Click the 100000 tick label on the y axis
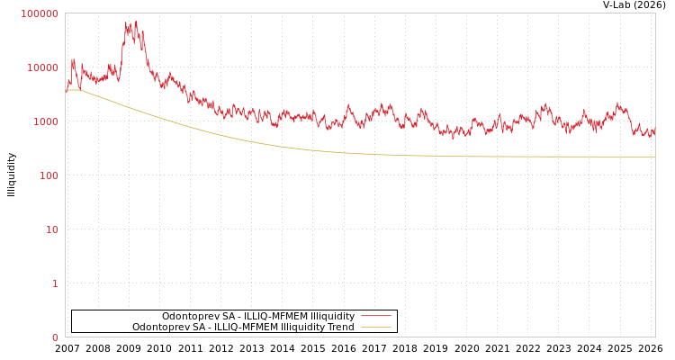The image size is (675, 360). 40,13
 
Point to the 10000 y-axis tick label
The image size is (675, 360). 43,67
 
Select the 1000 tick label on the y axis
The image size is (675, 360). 46,121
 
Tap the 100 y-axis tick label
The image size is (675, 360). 49,175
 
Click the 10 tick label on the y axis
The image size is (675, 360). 52,229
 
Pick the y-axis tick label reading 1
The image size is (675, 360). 55,283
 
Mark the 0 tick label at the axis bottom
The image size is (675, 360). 55,337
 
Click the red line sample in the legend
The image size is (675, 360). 375,316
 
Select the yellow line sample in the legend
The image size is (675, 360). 375,327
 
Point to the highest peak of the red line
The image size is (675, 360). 136,22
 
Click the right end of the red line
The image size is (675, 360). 654,132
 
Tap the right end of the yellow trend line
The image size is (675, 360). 654,157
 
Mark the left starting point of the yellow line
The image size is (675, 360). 66,90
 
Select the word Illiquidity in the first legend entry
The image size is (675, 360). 332,316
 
